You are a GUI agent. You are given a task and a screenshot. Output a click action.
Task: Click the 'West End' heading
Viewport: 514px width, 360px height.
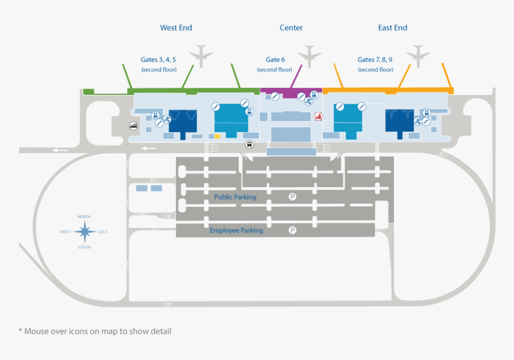point(176,28)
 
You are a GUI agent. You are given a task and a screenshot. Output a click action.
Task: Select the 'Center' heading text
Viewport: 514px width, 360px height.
point(291,28)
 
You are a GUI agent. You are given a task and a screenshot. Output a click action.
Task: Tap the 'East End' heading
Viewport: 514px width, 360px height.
point(393,28)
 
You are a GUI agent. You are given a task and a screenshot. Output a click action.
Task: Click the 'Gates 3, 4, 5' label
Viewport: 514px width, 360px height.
point(158,60)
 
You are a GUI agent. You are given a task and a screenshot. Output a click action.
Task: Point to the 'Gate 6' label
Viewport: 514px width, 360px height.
point(275,60)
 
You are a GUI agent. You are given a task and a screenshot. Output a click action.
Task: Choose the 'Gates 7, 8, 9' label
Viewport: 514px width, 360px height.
point(375,60)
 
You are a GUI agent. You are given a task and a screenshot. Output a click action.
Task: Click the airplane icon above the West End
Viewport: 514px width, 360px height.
point(201,56)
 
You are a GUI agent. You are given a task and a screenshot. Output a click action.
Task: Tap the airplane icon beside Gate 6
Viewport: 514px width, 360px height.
point(310,56)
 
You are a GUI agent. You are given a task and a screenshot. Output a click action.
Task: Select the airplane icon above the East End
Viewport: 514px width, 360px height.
point(418,56)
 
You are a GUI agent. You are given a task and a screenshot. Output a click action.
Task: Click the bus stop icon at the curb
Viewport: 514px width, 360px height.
point(249,144)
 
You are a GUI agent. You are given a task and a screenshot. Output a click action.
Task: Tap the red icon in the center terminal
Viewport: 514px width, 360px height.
point(318,117)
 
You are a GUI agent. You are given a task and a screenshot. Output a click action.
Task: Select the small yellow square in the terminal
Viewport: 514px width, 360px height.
point(218,136)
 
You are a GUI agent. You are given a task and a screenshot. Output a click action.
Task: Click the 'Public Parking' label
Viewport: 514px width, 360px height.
point(235,197)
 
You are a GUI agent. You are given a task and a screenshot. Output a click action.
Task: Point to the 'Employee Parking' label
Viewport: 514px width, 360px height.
point(236,230)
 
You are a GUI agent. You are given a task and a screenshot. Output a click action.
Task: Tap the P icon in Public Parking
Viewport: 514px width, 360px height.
point(293,196)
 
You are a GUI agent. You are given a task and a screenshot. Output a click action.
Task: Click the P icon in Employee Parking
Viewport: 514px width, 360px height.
point(293,230)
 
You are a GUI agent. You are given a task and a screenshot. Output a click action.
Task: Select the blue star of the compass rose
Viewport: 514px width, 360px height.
point(85,231)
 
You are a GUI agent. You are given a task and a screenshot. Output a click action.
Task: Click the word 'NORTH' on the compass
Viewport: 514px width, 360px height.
point(84,216)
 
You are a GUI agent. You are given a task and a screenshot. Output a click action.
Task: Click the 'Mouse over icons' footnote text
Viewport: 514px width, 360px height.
point(95,331)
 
